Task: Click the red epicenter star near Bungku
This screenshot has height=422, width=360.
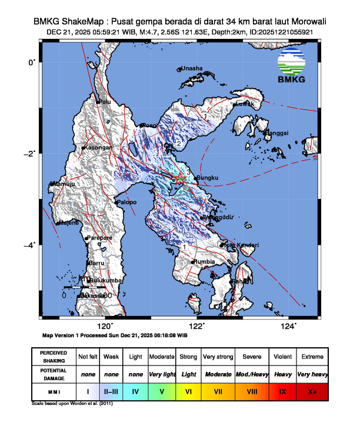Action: point(181,179)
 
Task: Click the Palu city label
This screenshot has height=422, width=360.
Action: point(105,102)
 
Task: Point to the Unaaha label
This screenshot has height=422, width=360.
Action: point(192,68)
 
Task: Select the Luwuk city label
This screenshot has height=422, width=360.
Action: point(244,104)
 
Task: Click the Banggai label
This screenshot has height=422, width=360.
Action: point(277,134)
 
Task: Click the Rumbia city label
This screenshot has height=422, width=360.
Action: point(205,261)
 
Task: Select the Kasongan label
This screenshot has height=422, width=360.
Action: point(98,148)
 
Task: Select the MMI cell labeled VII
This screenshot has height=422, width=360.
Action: point(217,391)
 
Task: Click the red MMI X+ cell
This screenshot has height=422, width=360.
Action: point(312,391)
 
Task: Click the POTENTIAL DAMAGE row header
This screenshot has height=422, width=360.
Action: point(53,374)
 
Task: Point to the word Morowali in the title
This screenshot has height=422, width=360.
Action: point(306,22)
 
